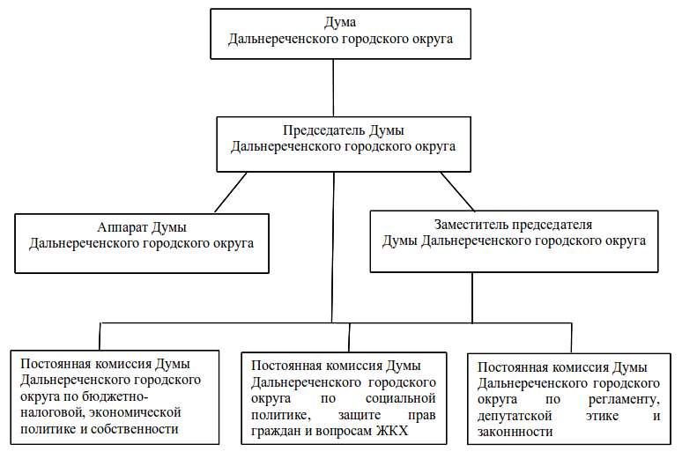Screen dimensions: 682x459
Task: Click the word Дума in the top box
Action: pos(340,22)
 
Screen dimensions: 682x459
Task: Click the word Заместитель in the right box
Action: pos(471,225)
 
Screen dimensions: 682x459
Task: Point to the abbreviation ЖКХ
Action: pos(392,431)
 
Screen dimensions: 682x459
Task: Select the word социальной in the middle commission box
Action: pos(400,398)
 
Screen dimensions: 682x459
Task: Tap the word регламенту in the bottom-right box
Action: pos(624,399)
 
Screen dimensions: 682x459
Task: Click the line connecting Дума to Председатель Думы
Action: pos(333,88)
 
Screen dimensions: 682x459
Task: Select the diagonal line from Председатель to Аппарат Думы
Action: pos(231,192)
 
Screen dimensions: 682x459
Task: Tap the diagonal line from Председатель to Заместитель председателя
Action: pos(457,191)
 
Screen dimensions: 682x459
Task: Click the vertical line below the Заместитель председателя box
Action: pos(472,298)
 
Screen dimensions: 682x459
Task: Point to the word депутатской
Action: pos(515,417)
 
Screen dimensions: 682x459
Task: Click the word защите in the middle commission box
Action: pos(360,416)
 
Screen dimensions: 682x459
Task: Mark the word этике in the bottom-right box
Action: pos(602,417)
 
